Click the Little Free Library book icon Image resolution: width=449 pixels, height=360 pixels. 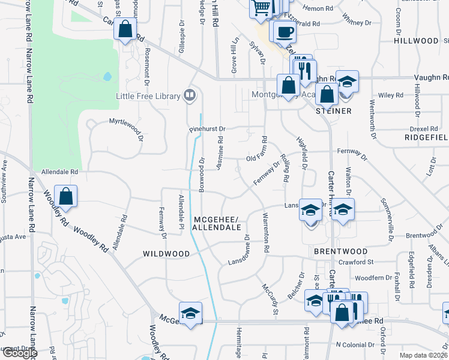[190, 95]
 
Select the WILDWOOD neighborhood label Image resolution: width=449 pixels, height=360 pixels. [166, 254]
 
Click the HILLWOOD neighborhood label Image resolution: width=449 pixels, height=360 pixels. [417, 41]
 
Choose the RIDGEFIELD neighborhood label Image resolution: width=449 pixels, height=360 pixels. [426, 137]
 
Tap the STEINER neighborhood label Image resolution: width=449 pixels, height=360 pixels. [333, 111]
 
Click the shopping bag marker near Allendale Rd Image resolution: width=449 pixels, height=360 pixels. [66, 196]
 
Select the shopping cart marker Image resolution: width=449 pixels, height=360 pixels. [262, 8]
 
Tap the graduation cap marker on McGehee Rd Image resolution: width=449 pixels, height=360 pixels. [190, 314]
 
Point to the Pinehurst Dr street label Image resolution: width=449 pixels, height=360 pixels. [206, 128]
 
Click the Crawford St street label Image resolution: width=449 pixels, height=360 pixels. [355, 262]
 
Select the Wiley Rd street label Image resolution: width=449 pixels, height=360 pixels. [391, 95]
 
